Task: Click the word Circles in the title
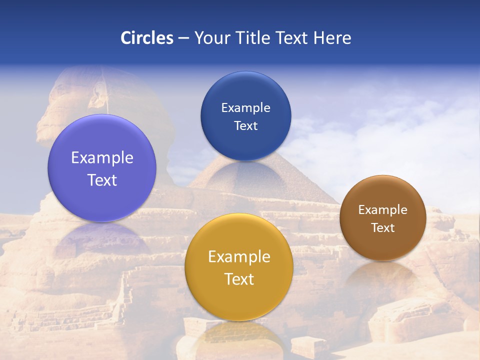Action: coord(147,38)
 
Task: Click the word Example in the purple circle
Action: coord(102,158)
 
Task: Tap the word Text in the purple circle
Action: coord(102,180)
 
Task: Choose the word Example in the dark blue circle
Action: coord(245,108)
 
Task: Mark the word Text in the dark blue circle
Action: coord(245,126)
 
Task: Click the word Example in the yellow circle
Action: coord(239,257)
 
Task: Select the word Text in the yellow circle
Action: coord(239,279)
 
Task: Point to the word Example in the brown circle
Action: coord(382,210)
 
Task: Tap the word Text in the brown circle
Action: coord(382,228)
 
